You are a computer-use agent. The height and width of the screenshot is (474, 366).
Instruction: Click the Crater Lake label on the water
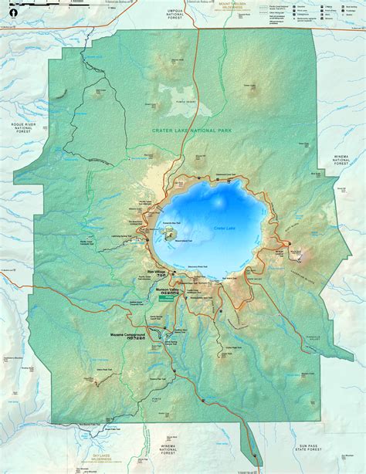tap(224, 229)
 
